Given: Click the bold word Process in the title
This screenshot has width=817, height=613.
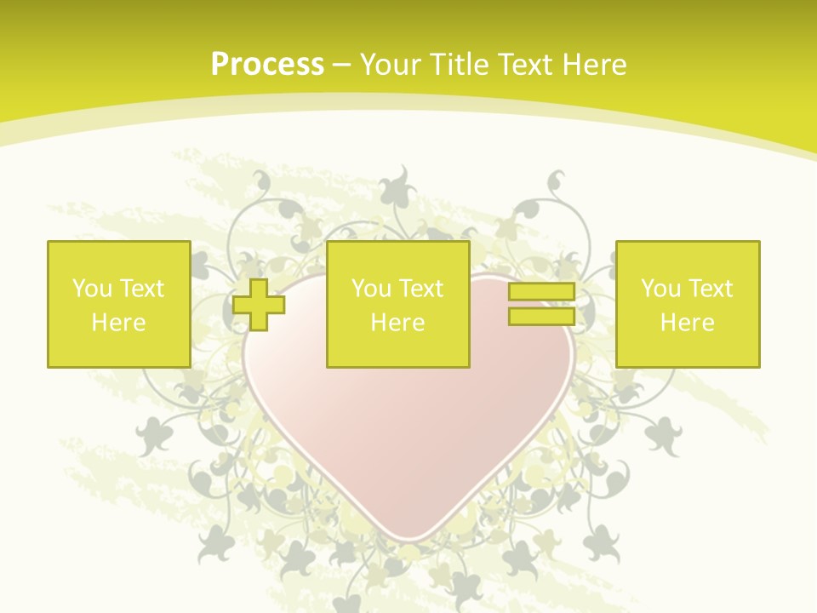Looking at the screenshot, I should (267, 65).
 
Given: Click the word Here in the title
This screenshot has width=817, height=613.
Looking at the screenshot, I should (596, 65).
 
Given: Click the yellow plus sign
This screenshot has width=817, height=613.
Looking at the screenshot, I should (259, 305).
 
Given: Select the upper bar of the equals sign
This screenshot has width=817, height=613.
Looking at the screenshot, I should (541, 292).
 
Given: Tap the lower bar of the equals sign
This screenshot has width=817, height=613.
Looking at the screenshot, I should (541, 317).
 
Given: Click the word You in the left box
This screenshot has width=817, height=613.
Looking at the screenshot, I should (92, 289).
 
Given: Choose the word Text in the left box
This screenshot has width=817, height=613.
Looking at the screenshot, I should (141, 289).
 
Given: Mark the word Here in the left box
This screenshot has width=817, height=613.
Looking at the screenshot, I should (118, 323).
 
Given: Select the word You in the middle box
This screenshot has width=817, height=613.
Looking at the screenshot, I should (371, 289).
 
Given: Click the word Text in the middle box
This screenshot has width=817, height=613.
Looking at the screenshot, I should (420, 289).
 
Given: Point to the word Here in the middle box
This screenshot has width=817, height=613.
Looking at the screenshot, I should (397, 323).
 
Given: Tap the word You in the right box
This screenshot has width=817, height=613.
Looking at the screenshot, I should (660, 289).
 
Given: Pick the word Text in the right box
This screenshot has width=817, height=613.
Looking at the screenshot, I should (710, 289).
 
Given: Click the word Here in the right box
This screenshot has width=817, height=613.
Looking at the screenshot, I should (687, 323).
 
